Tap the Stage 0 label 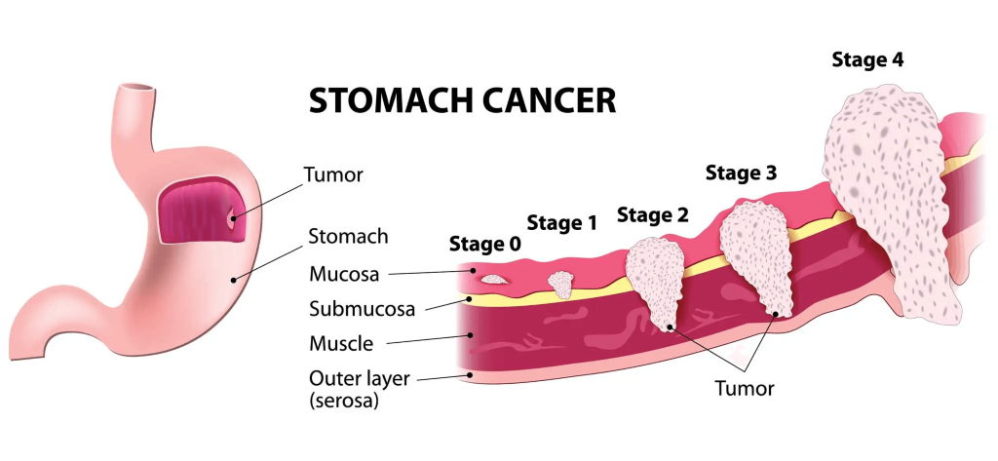pos(485,244)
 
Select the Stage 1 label pos(562,223)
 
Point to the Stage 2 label pos(653,215)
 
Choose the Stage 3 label pos(742,173)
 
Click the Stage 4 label pos(868,59)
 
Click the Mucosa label pos(344,275)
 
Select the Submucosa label pos(363,310)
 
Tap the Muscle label pos(341,344)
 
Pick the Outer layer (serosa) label pos(359,390)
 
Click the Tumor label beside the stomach pos(333,174)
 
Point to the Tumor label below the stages pos(744,389)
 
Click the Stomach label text pos(348,236)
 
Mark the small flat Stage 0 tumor pos(493,279)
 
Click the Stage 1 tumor pos(560,284)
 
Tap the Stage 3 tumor pos(755,258)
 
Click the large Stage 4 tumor pos(891,198)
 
